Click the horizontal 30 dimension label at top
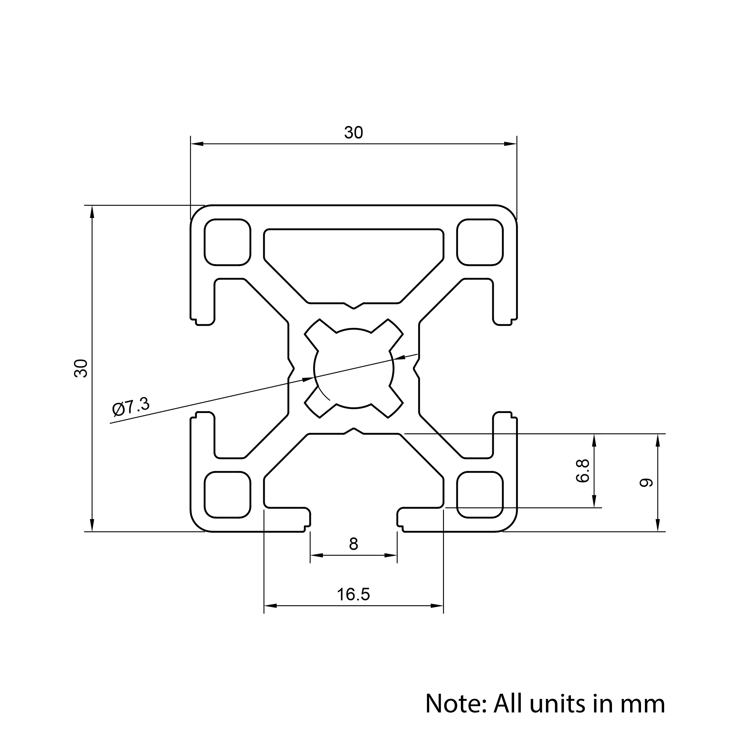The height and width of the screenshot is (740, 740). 353,132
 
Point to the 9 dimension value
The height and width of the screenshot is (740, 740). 646,483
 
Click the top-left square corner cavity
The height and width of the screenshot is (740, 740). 228,242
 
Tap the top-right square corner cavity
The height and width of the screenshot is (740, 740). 480,242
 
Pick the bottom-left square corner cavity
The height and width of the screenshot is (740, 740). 228,495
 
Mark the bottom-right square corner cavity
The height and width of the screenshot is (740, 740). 480,495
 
